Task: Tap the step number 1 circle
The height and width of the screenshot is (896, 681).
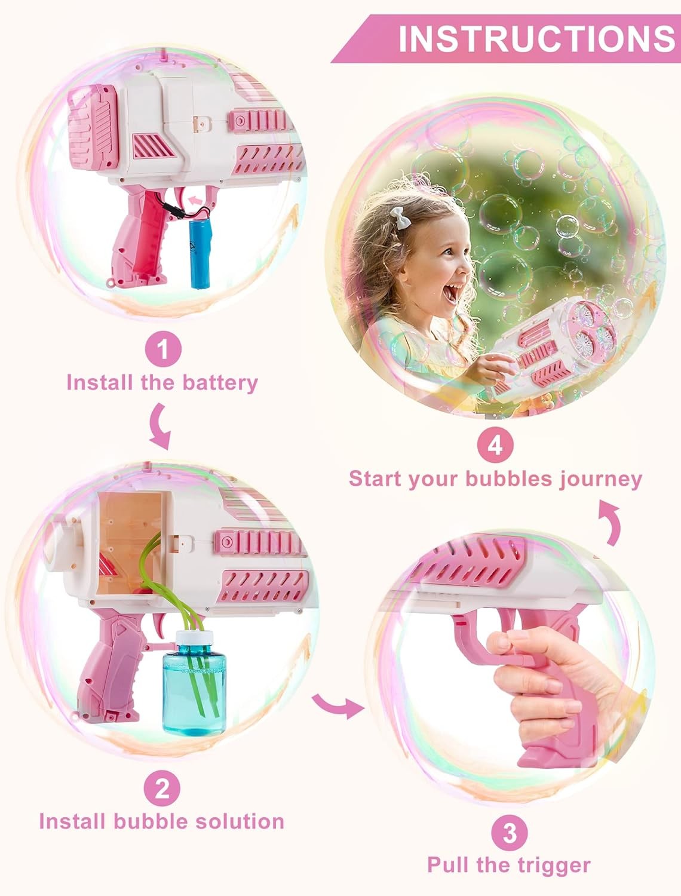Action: pos(162,349)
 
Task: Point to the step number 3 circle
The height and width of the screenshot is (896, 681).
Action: pos(510,833)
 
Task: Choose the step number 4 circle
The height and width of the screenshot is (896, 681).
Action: pos(495,446)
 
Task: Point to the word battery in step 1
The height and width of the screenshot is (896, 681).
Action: pos(220,382)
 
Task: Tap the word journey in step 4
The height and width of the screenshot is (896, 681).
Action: pos(600,478)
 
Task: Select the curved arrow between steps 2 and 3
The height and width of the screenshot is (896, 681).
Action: pos(338,705)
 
